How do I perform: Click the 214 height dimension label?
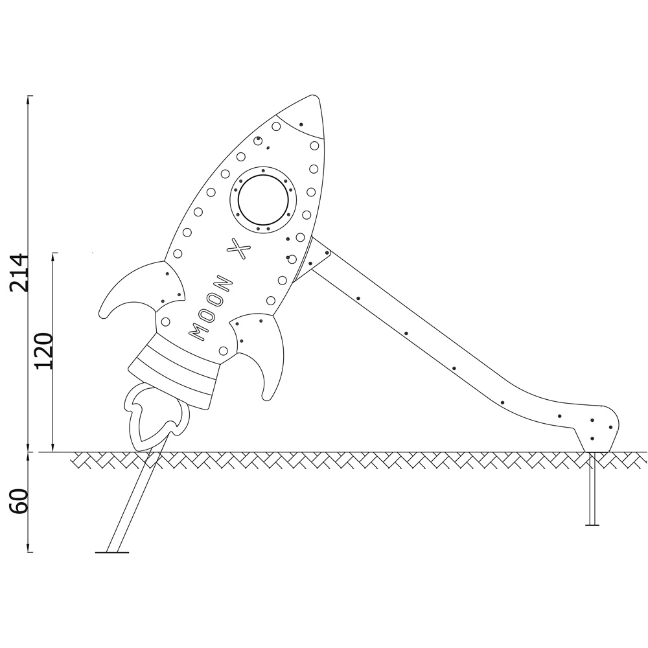coord(19,273)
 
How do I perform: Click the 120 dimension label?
coord(44,351)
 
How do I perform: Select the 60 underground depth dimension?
coord(19,502)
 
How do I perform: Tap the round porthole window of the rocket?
coord(262,198)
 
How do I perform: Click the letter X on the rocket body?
coord(239,249)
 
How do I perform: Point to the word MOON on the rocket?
coord(211,307)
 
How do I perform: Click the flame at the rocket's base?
coord(156,417)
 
